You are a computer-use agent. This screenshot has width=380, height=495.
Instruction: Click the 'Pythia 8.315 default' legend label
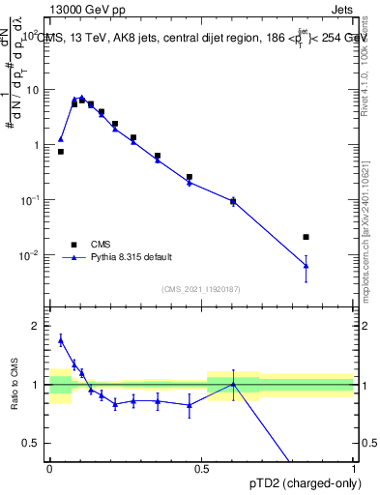coord(131,257)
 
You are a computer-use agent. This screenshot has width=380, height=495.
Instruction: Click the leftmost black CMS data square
coord(61,152)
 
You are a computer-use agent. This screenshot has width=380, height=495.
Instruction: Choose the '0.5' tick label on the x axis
coord(201,469)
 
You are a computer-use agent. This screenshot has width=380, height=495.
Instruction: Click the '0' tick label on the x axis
coord(49,469)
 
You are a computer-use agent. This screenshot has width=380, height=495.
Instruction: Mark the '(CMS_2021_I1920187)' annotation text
coord(201,289)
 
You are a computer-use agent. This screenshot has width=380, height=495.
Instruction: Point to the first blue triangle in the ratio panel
coord(61,340)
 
